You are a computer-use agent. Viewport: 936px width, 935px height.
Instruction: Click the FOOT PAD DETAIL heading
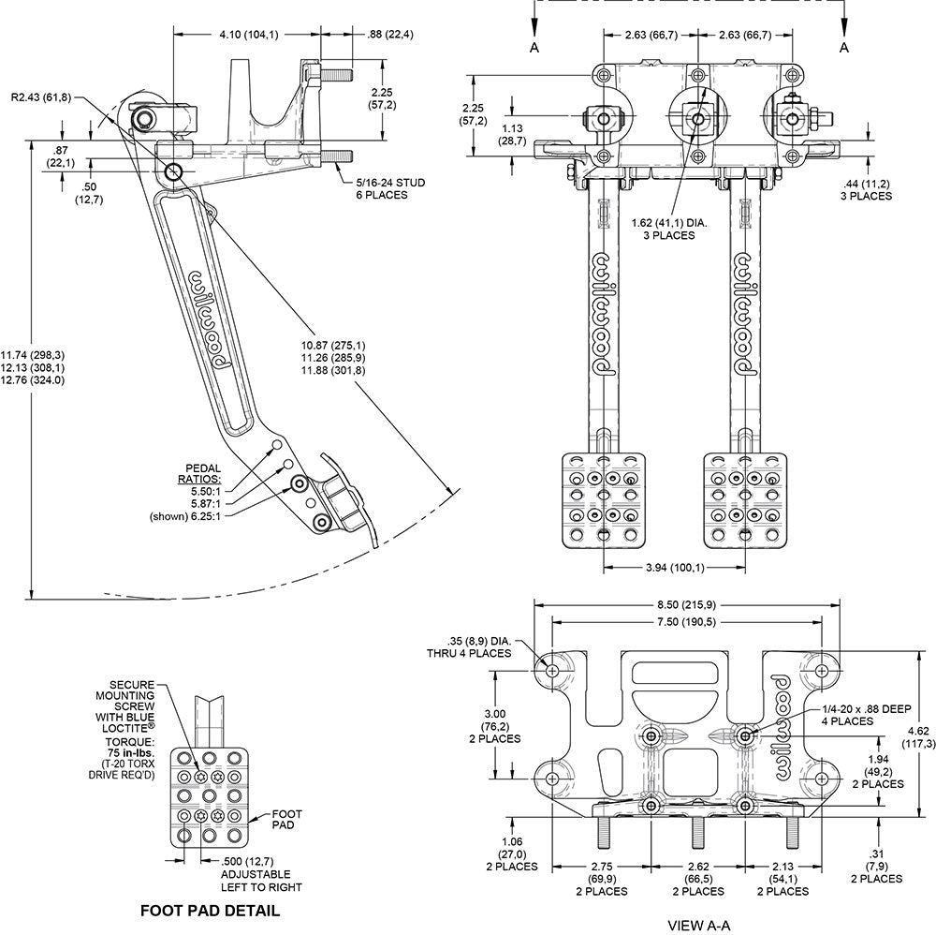(210, 911)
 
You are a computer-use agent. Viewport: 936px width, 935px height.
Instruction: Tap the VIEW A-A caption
(698, 926)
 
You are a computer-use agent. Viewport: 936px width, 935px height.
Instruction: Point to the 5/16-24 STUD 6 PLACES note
(390, 189)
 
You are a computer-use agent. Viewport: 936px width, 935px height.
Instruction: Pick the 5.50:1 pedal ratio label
(206, 491)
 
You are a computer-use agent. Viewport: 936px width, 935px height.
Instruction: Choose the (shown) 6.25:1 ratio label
(185, 516)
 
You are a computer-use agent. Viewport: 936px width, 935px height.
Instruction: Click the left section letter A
(534, 47)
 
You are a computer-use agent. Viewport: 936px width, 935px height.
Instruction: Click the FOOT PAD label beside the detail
(287, 819)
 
